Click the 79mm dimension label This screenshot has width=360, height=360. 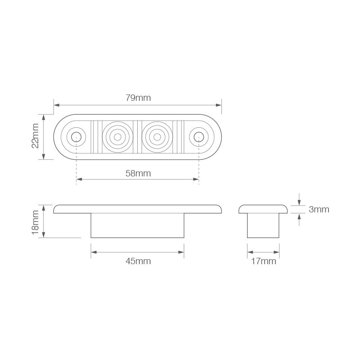coord(138,98)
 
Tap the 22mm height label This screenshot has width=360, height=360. coord(36,136)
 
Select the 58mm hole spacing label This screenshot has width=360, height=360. coord(138,173)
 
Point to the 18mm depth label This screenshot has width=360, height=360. coord(36,221)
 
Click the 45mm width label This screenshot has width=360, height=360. coord(138,261)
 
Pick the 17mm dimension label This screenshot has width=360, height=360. coord(263,261)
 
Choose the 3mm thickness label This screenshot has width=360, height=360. coord(319,209)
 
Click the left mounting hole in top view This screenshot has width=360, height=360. coord(76,136)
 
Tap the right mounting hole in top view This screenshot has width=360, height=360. coord(198,136)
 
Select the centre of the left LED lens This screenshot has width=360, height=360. coord(118,136)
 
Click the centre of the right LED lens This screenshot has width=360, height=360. coord(157,136)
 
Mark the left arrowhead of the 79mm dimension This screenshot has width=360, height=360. coord(56,105)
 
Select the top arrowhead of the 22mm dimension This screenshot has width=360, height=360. coord(44,117)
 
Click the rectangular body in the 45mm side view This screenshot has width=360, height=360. coord(138,225)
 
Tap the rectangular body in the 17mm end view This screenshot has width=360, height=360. coord(263,225)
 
